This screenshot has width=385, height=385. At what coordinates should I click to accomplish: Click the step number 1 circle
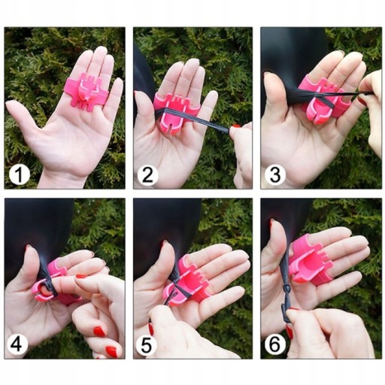coord(20,174)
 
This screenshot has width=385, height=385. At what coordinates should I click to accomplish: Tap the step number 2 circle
coord(147,174)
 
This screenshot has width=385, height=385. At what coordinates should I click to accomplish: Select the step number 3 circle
coord(275,174)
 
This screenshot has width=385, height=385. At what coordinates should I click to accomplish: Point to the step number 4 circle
coord(17,344)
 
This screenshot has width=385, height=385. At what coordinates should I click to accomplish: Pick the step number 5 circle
coord(147,345)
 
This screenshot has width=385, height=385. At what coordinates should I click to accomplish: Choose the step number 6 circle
coord(275,345)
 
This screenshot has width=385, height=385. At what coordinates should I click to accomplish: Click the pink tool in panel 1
coord(86,89)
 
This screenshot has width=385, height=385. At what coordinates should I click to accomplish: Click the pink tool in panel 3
coord(323,100)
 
